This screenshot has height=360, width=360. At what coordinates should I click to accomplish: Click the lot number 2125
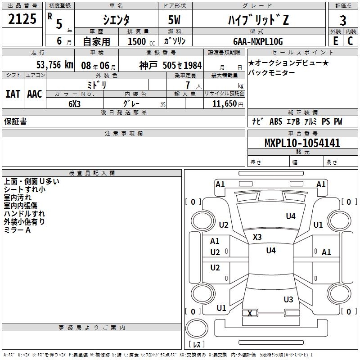click(22, 19)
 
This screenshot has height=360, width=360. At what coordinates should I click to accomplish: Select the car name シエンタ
click(116, 20)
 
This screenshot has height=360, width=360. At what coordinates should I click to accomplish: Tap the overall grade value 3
click(343, 21)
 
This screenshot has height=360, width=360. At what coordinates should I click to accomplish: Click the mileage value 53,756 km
click(55, 65)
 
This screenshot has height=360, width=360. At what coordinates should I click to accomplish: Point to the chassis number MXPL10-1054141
click(302, 143)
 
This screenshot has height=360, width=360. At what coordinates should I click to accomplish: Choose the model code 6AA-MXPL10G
click(258, 41)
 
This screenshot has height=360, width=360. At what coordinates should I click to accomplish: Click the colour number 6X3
click(74, 104)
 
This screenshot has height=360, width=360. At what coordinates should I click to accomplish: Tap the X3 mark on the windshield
click(257, 237)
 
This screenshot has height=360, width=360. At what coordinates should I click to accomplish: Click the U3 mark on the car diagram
click(288, 299)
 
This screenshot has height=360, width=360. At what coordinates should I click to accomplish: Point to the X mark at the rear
click(250, 313)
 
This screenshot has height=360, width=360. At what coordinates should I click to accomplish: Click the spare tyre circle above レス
click(197, 328)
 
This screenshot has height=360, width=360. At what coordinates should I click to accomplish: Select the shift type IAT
click(13, 94)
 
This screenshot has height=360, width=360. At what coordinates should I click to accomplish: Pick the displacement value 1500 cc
click(141, 41)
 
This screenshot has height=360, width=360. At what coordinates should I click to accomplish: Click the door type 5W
click(174, 20)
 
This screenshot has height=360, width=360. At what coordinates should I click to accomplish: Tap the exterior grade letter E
click(336, 41)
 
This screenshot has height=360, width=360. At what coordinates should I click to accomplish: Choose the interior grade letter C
click(350, 41)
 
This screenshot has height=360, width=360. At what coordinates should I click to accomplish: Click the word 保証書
click(15, 121)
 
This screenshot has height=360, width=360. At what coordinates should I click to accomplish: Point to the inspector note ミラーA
click(17, 230)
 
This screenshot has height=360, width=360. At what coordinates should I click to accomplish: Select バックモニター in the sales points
click(272, 72)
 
